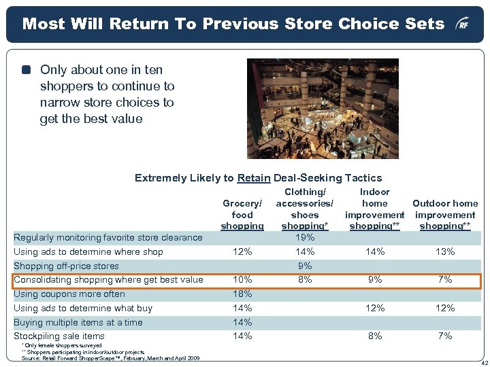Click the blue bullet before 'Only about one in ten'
[27, 69]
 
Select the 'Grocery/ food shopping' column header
[242, 215]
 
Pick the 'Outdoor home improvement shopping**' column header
[445, 215]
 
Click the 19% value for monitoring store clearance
[306, 237]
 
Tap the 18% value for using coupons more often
[242, 294]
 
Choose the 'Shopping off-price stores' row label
[66, 266]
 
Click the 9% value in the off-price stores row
[306, 266]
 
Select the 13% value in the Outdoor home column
[445, 251]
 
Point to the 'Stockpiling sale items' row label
[59, 336]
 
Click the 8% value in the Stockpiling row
[375, 336]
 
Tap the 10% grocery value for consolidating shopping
[242, 279]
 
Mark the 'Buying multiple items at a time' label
[78, 322]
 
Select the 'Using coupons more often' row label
[69, 294]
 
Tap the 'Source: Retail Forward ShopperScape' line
[109, 358]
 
